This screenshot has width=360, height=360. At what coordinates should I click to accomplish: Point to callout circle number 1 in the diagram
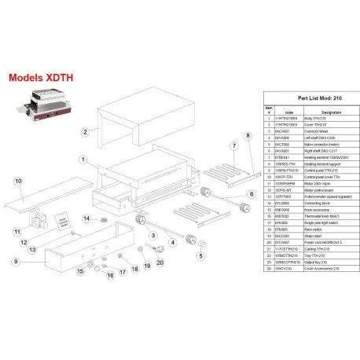point(83,159)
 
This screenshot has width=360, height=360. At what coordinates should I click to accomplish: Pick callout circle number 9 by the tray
point(15,260)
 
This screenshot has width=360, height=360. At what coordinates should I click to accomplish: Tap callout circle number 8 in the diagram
point(247,136)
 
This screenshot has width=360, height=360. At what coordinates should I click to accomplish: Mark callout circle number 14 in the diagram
point(89,219)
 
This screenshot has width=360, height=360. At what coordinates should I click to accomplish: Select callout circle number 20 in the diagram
point(160,262)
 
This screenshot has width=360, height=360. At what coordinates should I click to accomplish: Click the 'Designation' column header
point(331,111)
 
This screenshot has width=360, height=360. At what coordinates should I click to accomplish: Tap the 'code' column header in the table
point(288,111)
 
